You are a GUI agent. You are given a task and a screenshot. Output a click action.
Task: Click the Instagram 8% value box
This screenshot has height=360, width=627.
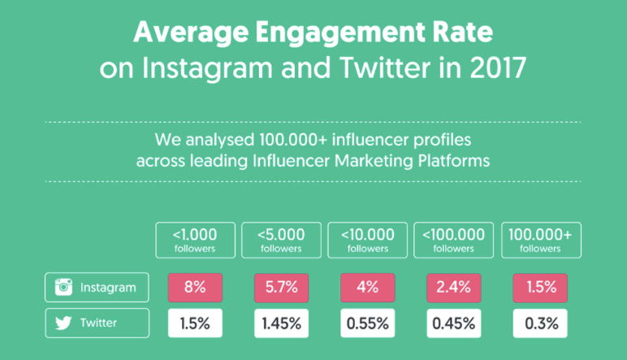coord(195,288)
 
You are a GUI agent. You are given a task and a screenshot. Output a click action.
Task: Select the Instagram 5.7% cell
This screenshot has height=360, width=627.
coord(282,288)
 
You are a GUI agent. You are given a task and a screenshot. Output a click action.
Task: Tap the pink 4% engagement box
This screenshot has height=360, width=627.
coord(367,288)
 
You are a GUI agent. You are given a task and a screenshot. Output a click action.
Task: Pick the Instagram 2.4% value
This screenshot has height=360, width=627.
coord(454,288)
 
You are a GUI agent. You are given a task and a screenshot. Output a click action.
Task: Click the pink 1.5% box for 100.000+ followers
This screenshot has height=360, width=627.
coord(540,288)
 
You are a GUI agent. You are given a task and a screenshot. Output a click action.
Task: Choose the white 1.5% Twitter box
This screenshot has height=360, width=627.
coord(195,323)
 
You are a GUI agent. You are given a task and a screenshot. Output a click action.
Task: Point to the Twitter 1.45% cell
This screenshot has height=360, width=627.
coord(282,323)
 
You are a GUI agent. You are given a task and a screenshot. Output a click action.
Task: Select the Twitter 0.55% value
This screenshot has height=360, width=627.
coord(367,323)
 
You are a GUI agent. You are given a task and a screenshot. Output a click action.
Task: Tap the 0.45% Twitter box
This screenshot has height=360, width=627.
coord(454,323)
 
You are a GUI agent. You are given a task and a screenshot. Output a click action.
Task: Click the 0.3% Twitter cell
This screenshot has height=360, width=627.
coord(540,323)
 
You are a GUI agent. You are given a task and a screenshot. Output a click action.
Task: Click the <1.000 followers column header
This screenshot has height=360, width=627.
coord(196,240)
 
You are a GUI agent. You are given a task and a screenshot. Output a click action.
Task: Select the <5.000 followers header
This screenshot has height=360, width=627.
coord(282,240)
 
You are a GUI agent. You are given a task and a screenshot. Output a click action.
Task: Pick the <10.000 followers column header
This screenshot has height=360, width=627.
coord(367,240)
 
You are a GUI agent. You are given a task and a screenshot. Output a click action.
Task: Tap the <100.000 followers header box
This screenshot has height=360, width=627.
coord(454,240)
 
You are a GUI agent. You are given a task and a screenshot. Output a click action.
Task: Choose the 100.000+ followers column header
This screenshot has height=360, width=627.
coord(542,240)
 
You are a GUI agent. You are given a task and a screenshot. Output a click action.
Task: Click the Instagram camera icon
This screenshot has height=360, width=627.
coord(63,287)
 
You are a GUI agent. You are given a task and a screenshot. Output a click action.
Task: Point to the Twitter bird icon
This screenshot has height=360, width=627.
coord(63,323)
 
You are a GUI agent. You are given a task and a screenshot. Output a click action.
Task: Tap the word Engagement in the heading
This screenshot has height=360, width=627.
coord(339,33)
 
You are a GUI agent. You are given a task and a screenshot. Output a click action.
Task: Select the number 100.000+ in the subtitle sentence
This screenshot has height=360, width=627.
coord(293,140)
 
